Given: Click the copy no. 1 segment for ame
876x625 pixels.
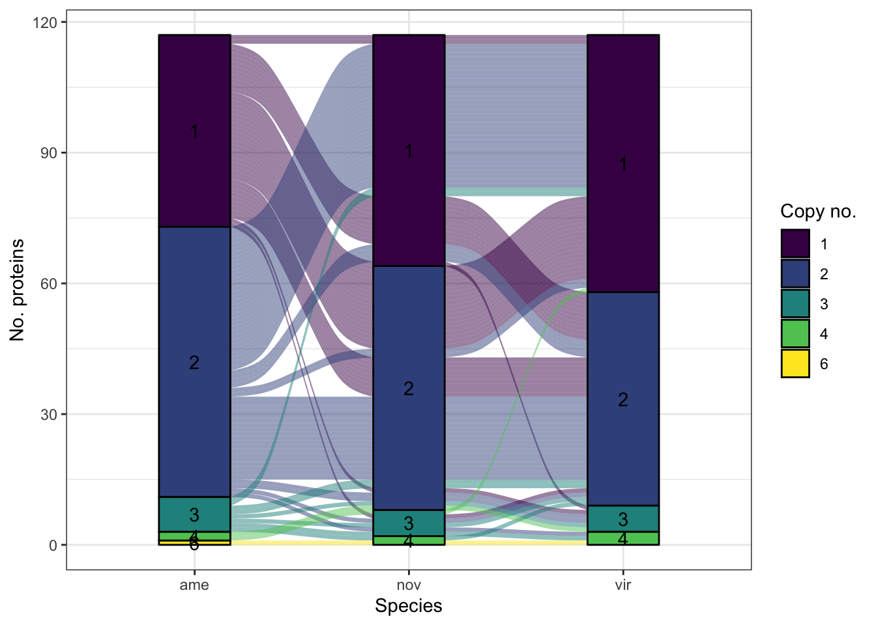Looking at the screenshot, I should point(194,130).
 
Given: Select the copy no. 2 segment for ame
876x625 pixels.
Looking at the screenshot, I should point(194,361).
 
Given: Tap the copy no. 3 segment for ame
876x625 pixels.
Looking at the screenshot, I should point(194,514).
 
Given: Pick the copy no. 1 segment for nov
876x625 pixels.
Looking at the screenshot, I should point(409,150).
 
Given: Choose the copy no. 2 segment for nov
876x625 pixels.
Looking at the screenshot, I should point(409,388).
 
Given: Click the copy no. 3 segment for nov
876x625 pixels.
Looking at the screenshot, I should point(409,523).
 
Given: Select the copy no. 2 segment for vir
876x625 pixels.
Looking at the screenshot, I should point(623,398).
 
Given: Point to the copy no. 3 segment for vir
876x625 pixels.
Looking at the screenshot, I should point(623,519).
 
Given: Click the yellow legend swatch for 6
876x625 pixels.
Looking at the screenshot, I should point(795,364).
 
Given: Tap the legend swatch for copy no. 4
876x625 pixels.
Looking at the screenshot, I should point(795,334).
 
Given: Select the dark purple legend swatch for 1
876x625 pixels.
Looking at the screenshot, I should point(795,244).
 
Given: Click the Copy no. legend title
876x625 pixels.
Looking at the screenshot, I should point(818,212).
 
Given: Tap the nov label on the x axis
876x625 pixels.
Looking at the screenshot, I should point(409,585).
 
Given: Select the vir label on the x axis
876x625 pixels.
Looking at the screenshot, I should point(623,585).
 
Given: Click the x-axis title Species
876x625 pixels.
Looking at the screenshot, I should point(409,606).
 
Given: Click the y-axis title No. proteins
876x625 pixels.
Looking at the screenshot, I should point(18,290).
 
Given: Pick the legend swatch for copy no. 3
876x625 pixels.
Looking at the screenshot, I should point(795,304).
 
